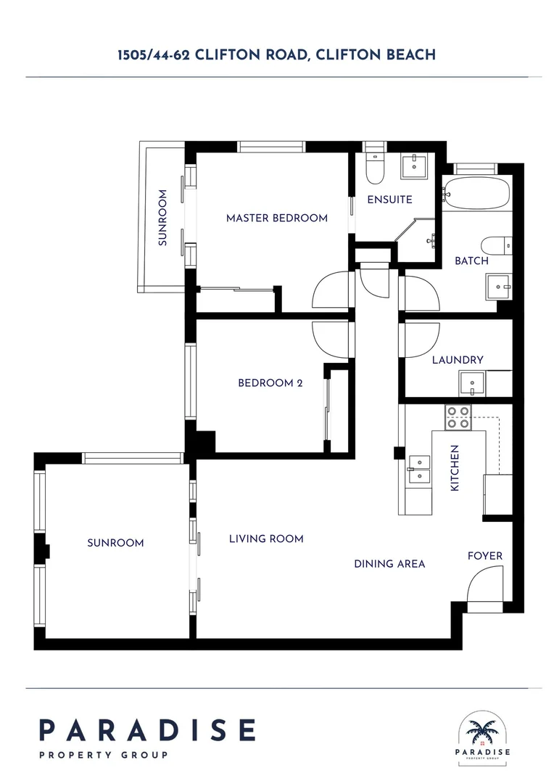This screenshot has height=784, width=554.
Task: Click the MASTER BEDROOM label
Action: [x=276, y=218]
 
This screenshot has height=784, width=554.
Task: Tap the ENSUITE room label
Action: [x=389, y=200]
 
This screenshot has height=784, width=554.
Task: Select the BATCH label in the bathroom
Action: [x=471, y=261]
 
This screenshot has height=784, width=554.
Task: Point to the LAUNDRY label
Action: [x=458, y=360]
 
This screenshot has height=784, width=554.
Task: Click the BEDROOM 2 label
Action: [x=270, y=383]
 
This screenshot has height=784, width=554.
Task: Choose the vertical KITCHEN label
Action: [x=455, y=468]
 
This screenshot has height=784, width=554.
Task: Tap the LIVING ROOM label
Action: [x=266, y=539]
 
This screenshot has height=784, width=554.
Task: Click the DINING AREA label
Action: [x=389, y=563]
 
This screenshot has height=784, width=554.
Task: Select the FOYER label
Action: [x=484, y=556]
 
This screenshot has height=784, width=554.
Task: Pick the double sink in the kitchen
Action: [x=418, y=468]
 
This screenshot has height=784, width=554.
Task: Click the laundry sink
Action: [x=472, y=383]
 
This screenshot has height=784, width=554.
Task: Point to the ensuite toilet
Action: [x=374, y=167]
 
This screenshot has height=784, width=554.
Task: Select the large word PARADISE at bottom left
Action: [x=147, y=730]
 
